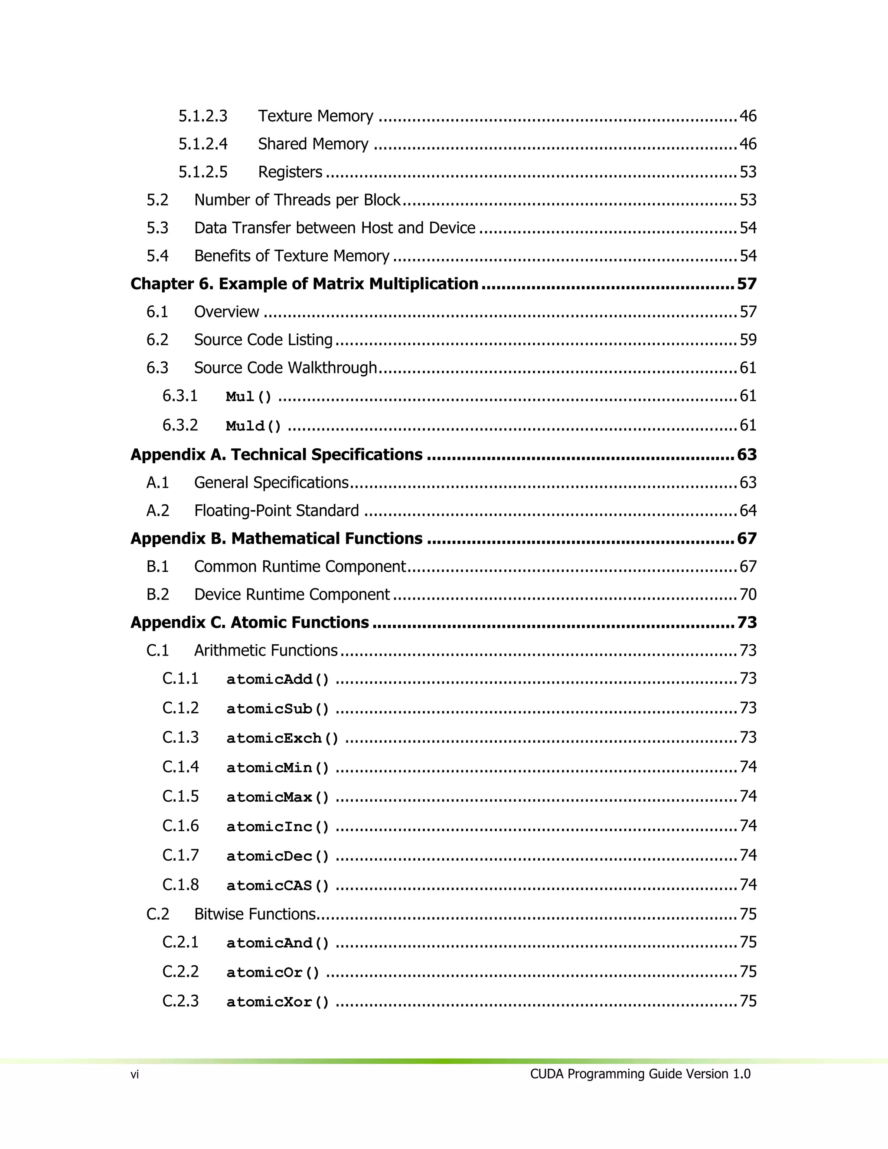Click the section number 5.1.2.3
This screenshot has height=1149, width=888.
pos(202,116)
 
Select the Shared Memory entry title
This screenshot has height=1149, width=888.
pos(313,144)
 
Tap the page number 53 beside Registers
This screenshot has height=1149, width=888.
pos(748,172)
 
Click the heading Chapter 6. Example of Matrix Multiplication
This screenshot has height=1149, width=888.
pos(304,284)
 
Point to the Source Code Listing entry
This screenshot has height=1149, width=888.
pos(263,340)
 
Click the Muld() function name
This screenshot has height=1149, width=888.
pos(254,426)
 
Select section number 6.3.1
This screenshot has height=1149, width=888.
pos(180,395)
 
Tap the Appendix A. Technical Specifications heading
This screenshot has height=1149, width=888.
pos(276,454)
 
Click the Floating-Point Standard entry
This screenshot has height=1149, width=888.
pos(276,511)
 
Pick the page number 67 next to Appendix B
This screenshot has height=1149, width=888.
pos(747,539)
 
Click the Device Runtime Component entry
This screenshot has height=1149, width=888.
pos(291,594)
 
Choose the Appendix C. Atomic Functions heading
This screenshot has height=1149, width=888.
pos(249,622)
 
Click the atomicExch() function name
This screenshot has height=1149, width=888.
pos(283,738)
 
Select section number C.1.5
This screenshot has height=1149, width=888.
pos(180,796)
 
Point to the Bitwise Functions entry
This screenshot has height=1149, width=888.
pos(255,914)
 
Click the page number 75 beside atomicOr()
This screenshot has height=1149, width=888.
pos(748,972)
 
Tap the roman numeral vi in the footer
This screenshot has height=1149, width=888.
pos(135,1075)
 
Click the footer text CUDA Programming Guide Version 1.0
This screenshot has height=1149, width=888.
pos(640,1074)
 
